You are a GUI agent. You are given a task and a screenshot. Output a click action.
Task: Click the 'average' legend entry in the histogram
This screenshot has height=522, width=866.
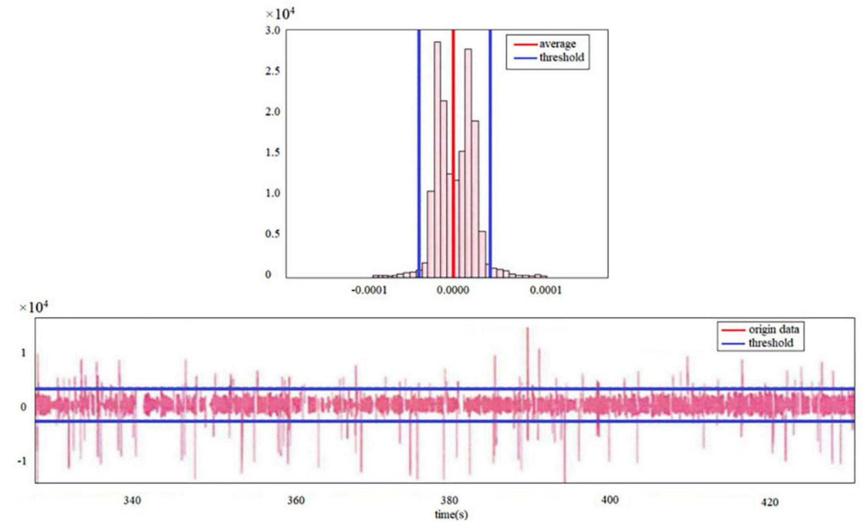[x=557, y=44]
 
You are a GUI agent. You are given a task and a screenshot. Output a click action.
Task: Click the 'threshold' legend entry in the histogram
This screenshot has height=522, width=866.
[x=561, y=58]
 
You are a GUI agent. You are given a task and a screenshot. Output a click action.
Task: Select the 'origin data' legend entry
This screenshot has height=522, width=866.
[x=773, y=330]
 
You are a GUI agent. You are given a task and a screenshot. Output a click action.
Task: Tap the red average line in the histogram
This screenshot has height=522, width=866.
[x=453, y=147]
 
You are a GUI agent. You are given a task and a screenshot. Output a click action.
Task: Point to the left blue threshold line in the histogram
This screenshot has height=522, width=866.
[x=419, y=147]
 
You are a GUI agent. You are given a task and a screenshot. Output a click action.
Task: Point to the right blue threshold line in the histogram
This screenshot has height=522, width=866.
[x=490, y=147]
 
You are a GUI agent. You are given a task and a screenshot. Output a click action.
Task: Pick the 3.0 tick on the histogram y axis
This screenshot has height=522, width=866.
[x=273, y=30]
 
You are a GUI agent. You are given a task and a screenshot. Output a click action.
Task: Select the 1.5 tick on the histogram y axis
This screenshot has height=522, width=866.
[x=273, y=152]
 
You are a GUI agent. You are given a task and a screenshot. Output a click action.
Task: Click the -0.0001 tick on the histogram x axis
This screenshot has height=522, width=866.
[x=369, y=291]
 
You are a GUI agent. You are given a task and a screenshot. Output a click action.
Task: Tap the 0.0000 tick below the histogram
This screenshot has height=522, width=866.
[x=453, y=291]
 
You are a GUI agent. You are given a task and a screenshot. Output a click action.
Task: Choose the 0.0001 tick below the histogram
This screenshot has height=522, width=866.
[x=546, y=291]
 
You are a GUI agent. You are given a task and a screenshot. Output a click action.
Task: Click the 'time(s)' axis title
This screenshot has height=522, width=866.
[x=451, y=514]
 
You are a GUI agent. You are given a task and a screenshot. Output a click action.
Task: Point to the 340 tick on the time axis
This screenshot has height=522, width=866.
[x=132, y=500]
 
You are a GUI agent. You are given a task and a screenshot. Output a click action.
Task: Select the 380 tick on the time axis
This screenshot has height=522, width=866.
[x=449, y=500]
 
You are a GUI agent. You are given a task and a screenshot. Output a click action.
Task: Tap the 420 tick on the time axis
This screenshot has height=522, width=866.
[x=769, y=502]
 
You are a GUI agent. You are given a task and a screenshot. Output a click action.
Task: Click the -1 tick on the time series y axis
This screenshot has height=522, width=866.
[x=22, y=461]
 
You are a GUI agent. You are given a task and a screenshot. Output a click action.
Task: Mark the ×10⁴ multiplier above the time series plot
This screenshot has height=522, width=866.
[x=34, y=307]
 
